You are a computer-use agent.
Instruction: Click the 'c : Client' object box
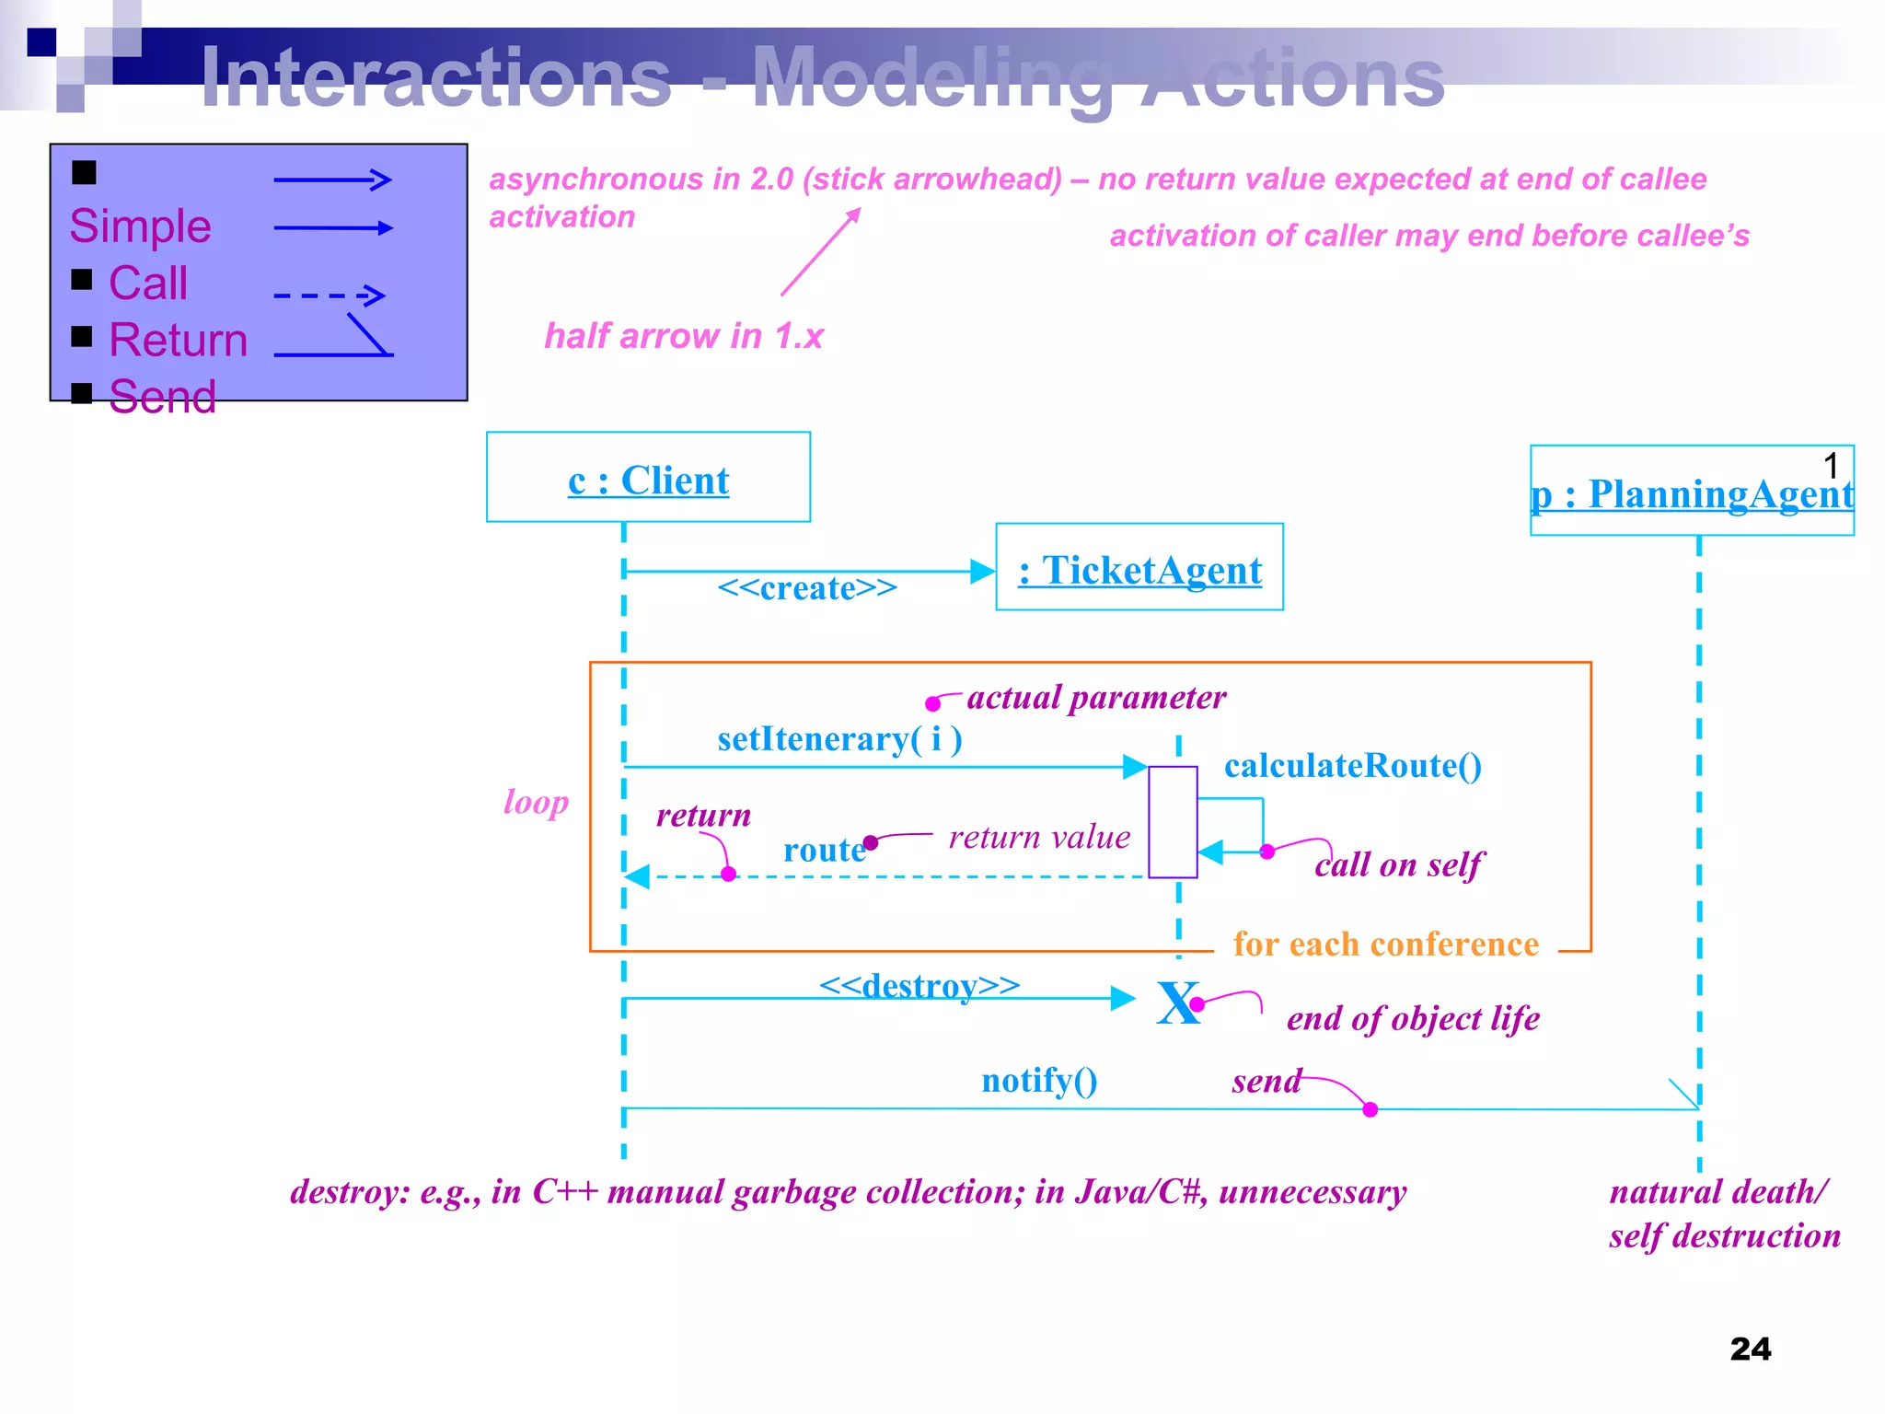tap(648, 478)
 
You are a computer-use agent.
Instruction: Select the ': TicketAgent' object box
tap(1139, 568)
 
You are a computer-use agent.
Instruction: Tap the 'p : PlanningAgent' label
tap(1692, 494)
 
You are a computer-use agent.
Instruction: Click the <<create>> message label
tap(806, 588)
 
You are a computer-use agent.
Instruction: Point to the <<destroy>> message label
tap(919, 985)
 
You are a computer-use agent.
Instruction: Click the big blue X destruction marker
tap(1177, 1003)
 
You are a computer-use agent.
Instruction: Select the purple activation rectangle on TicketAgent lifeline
tap(1173, 821)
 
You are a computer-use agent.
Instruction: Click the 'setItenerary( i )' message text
tap(839, 739)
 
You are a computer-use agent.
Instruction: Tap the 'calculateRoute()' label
tap(1352, 766)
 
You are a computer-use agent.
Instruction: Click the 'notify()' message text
tap(1039, 1080)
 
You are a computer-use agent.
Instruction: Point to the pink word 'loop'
tap(536, 802)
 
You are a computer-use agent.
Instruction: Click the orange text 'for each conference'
tap(1385, 945)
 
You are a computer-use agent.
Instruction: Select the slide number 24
tap(1750, 1349)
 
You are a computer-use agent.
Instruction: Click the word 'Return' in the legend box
tap(179, 340)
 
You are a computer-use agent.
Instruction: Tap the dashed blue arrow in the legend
tap(329, 296)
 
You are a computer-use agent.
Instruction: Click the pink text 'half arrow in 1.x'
tap(683, 336)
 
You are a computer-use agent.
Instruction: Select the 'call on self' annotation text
tap(1398, 864)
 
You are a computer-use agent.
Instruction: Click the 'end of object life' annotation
tap(1413, 1018)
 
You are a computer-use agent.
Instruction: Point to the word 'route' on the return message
tap(824, 850)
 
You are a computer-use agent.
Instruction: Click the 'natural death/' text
tap(1718, 1192)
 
